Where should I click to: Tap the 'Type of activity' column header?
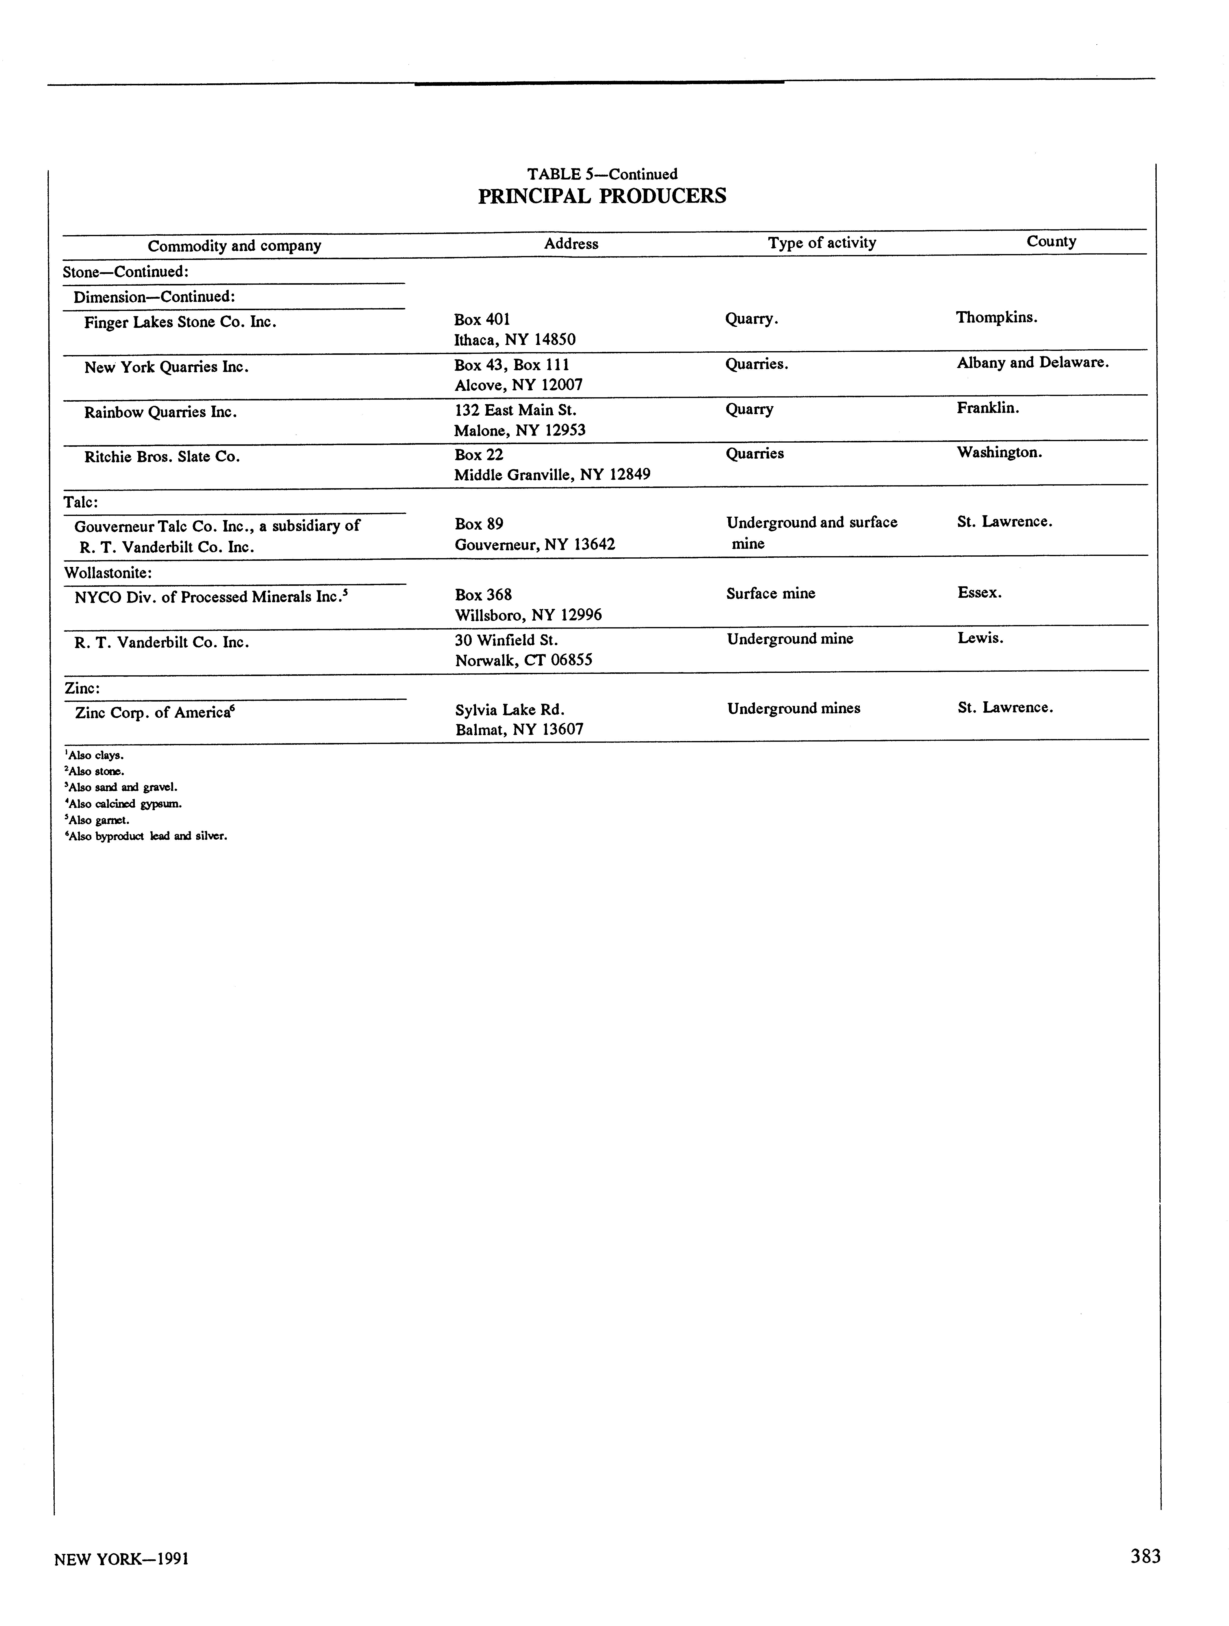[822, 243]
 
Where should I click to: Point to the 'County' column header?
[1051, 241]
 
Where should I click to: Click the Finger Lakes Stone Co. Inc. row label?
[180, 322]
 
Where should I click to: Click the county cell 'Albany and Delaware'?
[1032, 362]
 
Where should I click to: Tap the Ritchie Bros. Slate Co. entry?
[162, 457]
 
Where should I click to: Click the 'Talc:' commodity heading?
[81, 502]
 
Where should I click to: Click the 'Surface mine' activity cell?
[770, 593]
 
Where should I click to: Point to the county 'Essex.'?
[979, 592]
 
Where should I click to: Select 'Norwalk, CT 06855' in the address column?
[523, 660]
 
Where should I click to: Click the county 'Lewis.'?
[980, 638]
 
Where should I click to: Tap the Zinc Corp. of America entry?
[154, 712]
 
